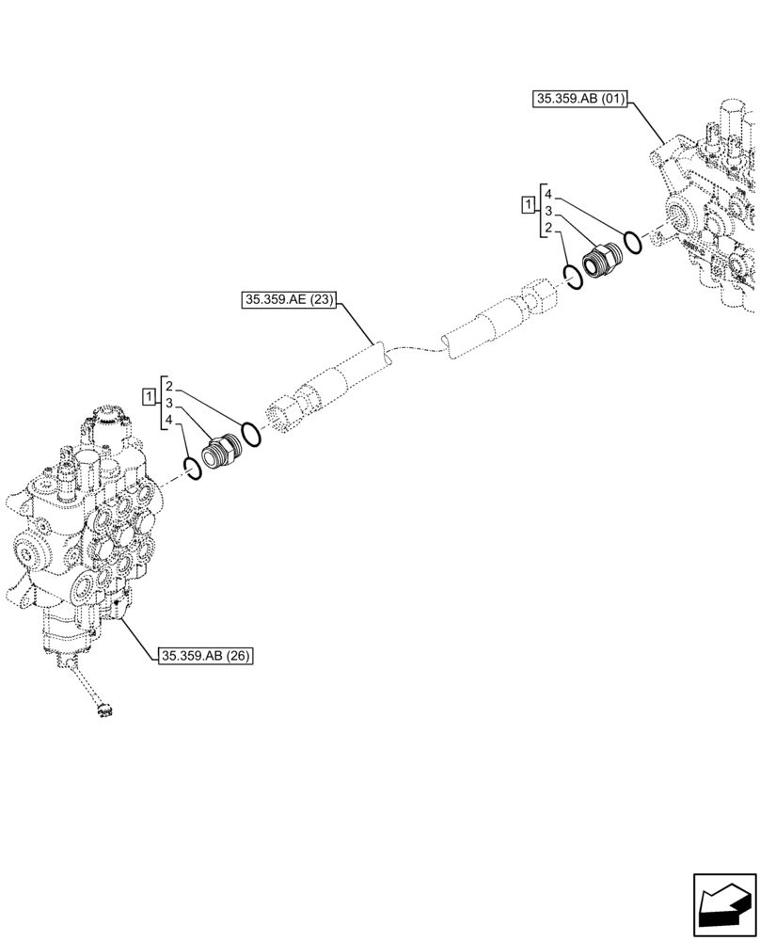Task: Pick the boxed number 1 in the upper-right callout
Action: click(529, 204)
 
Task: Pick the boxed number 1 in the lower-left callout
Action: click(148, 395)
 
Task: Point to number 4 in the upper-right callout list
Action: click(546, 194)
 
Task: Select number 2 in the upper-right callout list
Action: click(546, 228)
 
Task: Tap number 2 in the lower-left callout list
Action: click(166, 386)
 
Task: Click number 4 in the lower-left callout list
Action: click(166, 420)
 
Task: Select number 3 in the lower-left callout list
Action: click(166, 403)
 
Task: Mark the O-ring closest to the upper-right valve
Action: click(633, 243)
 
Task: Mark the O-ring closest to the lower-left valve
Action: click(192, 468)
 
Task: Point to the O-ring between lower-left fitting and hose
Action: click(250, 434)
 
